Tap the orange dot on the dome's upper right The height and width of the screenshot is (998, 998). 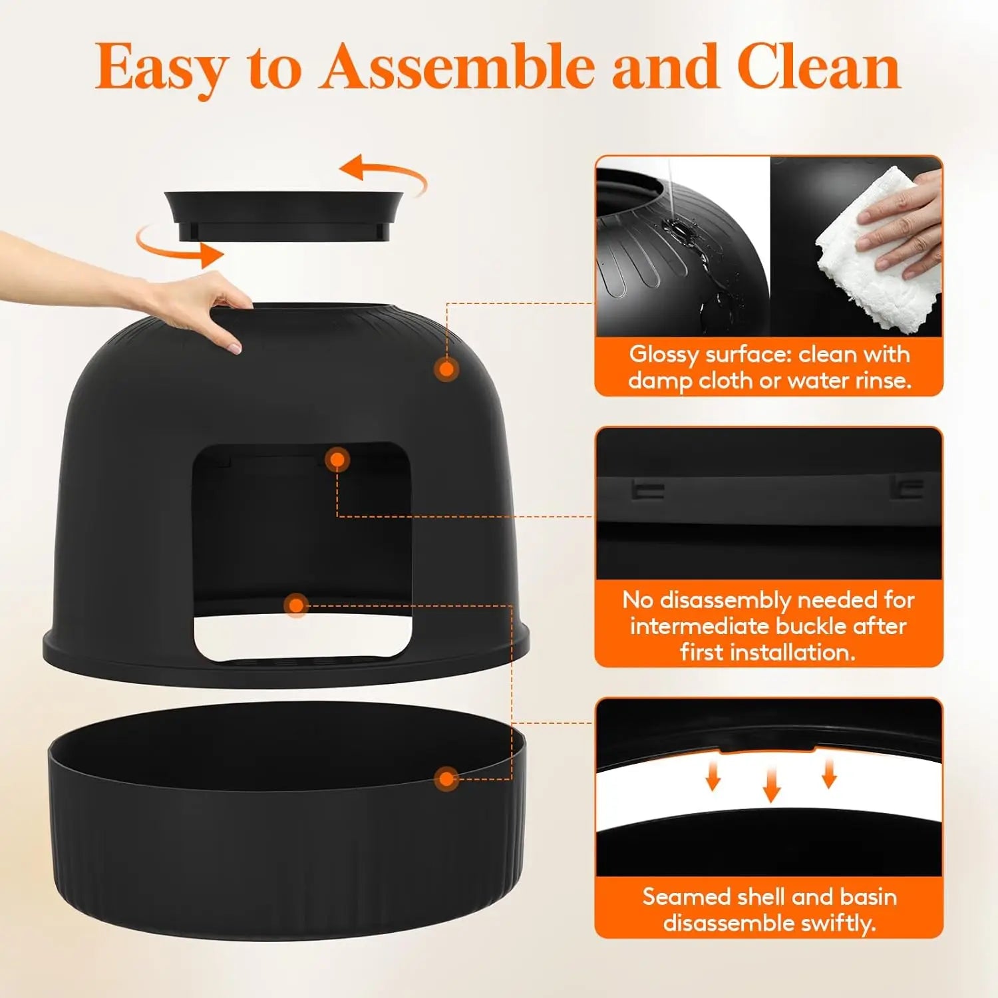coord(447,369)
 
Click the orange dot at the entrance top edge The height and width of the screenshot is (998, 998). coord(337,459)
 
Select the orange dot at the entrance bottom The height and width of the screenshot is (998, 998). coord(296,605)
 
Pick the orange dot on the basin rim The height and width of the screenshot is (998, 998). coord(446,778)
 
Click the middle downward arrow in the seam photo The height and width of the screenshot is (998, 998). coord(771,784)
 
